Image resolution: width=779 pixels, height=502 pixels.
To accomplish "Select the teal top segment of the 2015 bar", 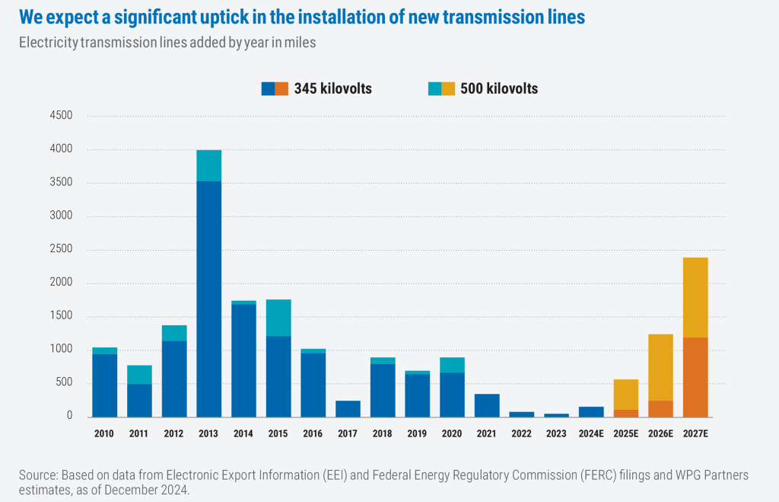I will tap(278, 318).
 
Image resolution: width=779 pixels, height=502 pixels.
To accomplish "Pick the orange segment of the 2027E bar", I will tap(695, 377).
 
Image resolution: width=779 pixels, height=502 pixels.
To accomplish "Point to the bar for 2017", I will tap(348, 409).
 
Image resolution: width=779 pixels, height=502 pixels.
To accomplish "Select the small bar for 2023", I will tap(556, 415).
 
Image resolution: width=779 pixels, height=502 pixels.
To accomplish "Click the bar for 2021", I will tap(487, 405).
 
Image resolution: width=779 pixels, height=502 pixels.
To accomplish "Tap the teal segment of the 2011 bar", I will tap(139, 375).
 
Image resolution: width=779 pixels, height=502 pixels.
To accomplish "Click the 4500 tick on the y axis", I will tap(60, 116).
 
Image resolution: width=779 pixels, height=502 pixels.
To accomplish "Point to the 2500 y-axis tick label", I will tap(60, 250).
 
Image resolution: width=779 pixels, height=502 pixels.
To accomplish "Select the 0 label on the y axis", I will tap(68, 417).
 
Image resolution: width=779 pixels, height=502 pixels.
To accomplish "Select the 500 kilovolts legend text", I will tap(499, 88).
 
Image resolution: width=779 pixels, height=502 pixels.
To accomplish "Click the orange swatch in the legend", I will tap(281, 88).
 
